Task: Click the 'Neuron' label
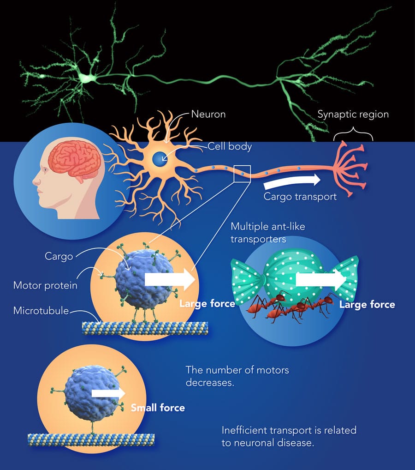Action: click(x=208, y=114)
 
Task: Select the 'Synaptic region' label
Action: click(x=353, y=114)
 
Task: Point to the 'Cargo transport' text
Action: click(x=300, y=196)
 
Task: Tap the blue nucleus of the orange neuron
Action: click(x=160, y=160)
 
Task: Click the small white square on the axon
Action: click(x=242, y=174)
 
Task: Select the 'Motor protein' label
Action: click(x=45, y=286)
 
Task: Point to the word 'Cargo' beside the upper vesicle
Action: click(x=59, y=256)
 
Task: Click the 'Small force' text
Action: click(x=158, y=408)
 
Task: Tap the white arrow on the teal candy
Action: click(x=321, y=279)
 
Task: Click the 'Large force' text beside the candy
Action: click(x=367, y=304)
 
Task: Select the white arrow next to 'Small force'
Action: click(x=108, y=393)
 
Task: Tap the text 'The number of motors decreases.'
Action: click(x=237, y=376)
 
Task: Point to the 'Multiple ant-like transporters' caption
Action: click(x=268, y=233)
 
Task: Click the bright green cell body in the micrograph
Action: click(x=87, y=77)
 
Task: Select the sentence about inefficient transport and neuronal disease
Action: click(x=289, y=436)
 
